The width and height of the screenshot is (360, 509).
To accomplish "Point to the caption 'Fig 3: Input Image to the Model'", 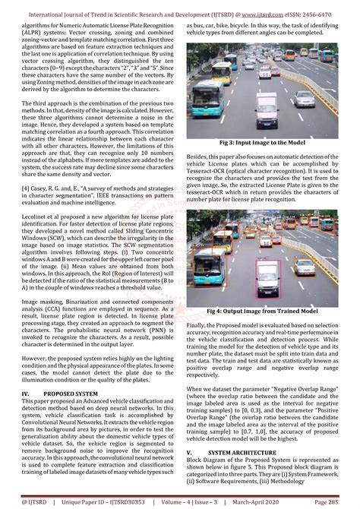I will click(262, 143).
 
